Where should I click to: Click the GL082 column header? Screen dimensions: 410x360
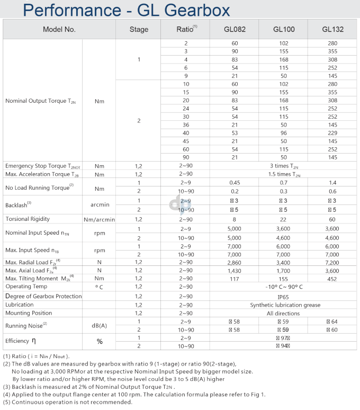(x=235, y=30)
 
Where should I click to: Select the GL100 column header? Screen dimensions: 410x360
(x=284, y=30)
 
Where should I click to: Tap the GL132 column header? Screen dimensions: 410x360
(x=332, y=30)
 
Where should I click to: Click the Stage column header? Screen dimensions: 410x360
(x=139, y=30)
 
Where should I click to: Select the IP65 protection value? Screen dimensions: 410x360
(x=284, y=296)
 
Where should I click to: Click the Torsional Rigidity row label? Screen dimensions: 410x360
(x=28, y=219)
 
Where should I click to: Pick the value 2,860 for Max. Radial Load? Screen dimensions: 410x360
(x=235, y=262)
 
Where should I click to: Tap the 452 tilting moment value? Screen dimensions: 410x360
(x=332, y=279)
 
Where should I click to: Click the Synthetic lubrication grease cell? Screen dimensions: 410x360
(x=284, y=305)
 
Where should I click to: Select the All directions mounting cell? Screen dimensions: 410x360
(x=284, y=313)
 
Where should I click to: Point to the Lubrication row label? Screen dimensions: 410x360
(x=20, y=305)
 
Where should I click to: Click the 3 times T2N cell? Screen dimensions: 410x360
(x=284, y=166)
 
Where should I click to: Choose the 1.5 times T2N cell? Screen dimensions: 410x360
(x=284, y=174)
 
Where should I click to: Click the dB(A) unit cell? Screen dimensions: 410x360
(x=99, y=325)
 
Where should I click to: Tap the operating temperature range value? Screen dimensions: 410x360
(x=284, y=287)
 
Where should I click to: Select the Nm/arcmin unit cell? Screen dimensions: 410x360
(x=99, y=219)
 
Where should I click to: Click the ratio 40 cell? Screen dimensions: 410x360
(x=186, y=132)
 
